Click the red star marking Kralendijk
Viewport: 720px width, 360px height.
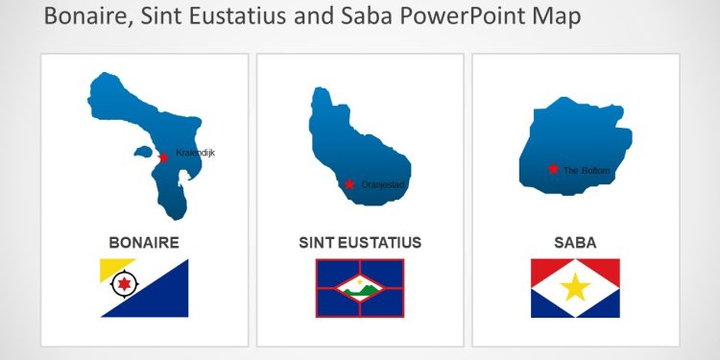tap(164, 157)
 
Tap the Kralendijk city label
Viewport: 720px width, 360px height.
tap(196, 153)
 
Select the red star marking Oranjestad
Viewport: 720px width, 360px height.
tap(349, 183)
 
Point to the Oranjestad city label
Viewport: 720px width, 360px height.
tap(384, 184)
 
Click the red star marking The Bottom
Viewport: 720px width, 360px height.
tap(553, 169)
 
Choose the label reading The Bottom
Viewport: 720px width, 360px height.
tap(587, 170)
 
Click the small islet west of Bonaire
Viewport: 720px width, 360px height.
tap(142, 152)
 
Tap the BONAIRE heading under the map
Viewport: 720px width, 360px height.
tap(144, 243)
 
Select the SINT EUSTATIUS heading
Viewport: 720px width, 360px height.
tap(360, 243)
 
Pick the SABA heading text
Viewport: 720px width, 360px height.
tap(575, 243)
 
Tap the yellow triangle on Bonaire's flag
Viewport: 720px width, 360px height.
tap(108, 268)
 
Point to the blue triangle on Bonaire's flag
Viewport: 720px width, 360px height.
tap(163, 298)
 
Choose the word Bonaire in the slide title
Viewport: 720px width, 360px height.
tap(82, 16)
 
